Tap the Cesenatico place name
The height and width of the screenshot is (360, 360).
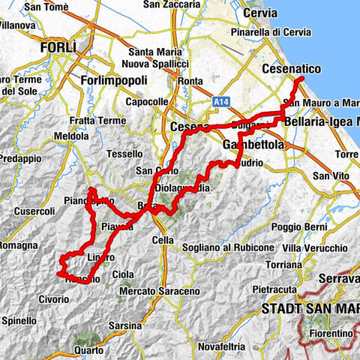point(291,69)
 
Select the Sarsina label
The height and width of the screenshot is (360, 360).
point(124,325)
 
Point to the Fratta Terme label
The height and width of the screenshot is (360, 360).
point(96,120)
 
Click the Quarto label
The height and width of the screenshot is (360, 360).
point(89,349)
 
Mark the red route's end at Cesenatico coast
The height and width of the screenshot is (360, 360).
point(300,78)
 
